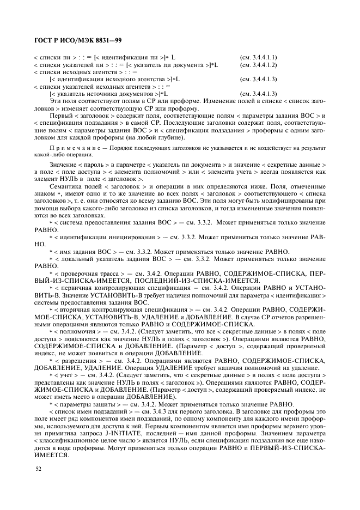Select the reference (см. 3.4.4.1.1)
[259, 57]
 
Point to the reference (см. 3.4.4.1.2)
[259, 65]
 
